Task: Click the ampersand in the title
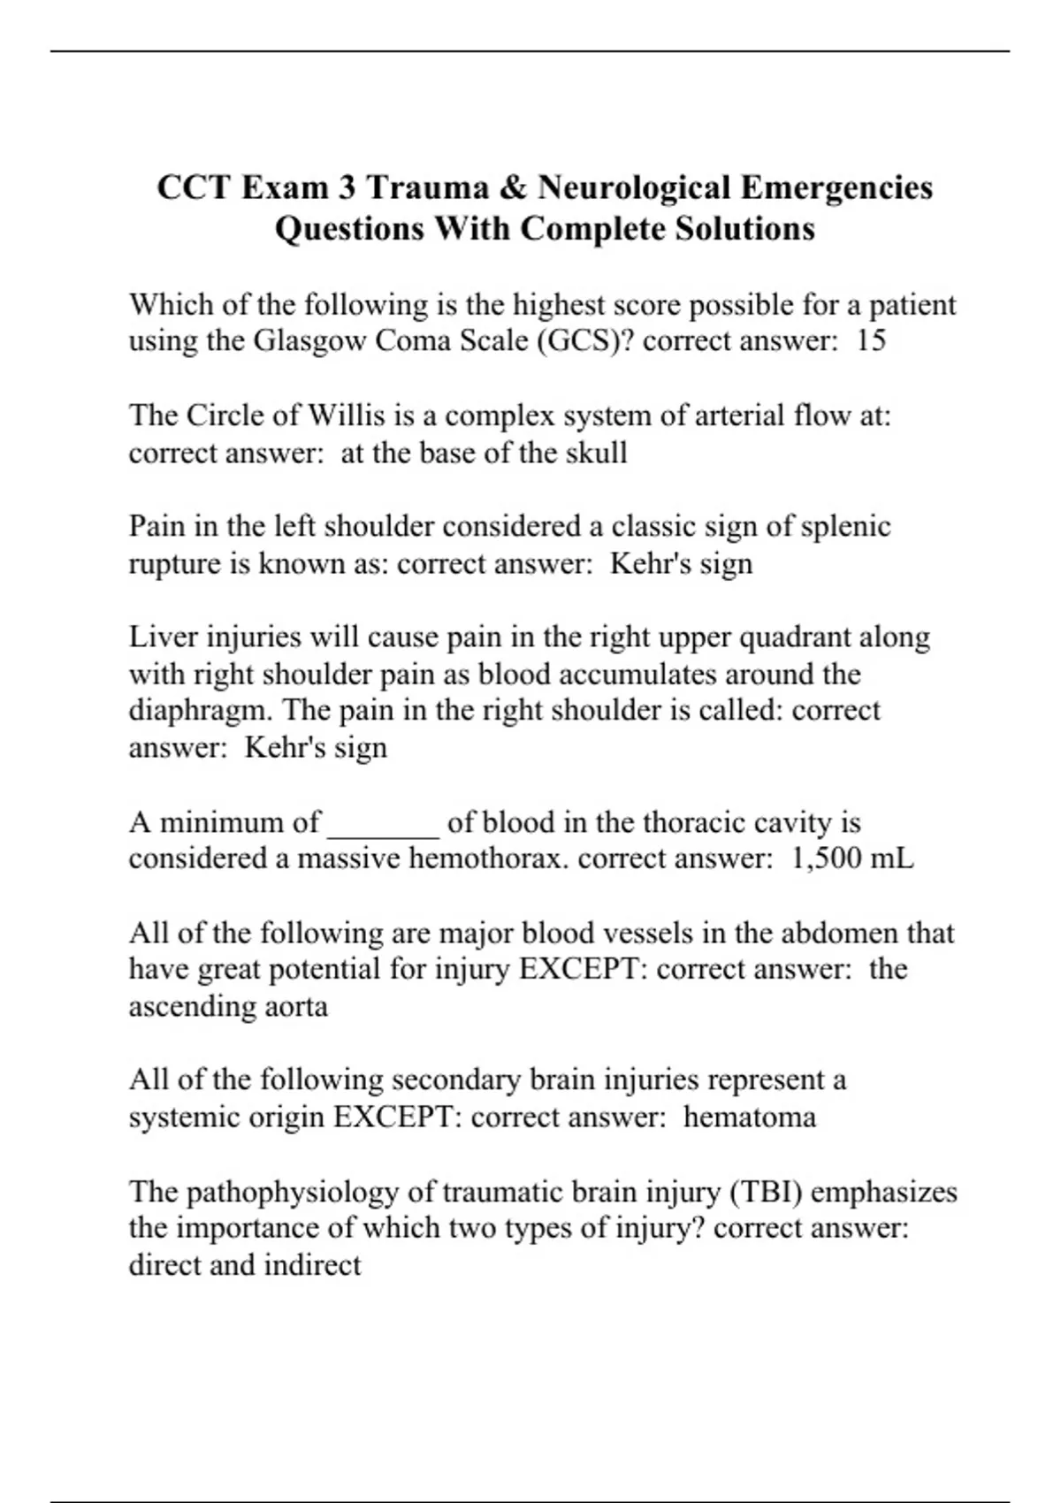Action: [x=514, y=187]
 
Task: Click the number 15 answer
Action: [x=871, y=340]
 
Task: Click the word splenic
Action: [x=845, y=526]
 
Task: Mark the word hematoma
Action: [x=749, y=1117]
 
